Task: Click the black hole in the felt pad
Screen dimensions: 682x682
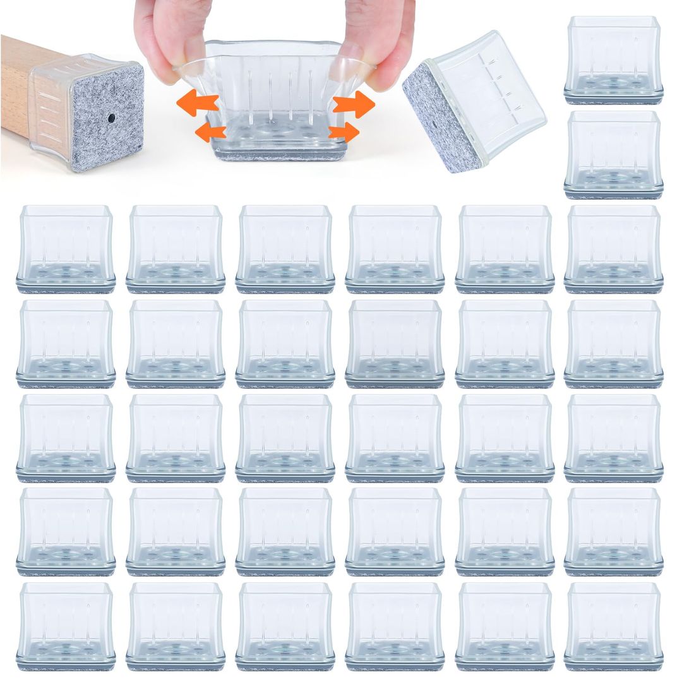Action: click(111, 118)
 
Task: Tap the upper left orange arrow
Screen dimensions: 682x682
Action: click(197, 105)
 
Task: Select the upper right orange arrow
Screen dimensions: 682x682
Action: click(354, 104)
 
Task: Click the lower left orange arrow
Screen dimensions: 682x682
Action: click(210, 132)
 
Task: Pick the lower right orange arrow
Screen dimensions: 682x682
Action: click(344, 133)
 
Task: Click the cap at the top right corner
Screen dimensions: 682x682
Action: click(613, 60)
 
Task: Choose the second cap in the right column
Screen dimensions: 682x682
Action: click(613, 155)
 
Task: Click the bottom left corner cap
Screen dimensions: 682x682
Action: click(66, 625)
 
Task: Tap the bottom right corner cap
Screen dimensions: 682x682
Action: click(613, 625)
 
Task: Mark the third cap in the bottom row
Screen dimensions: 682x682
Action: click(285, 625)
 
